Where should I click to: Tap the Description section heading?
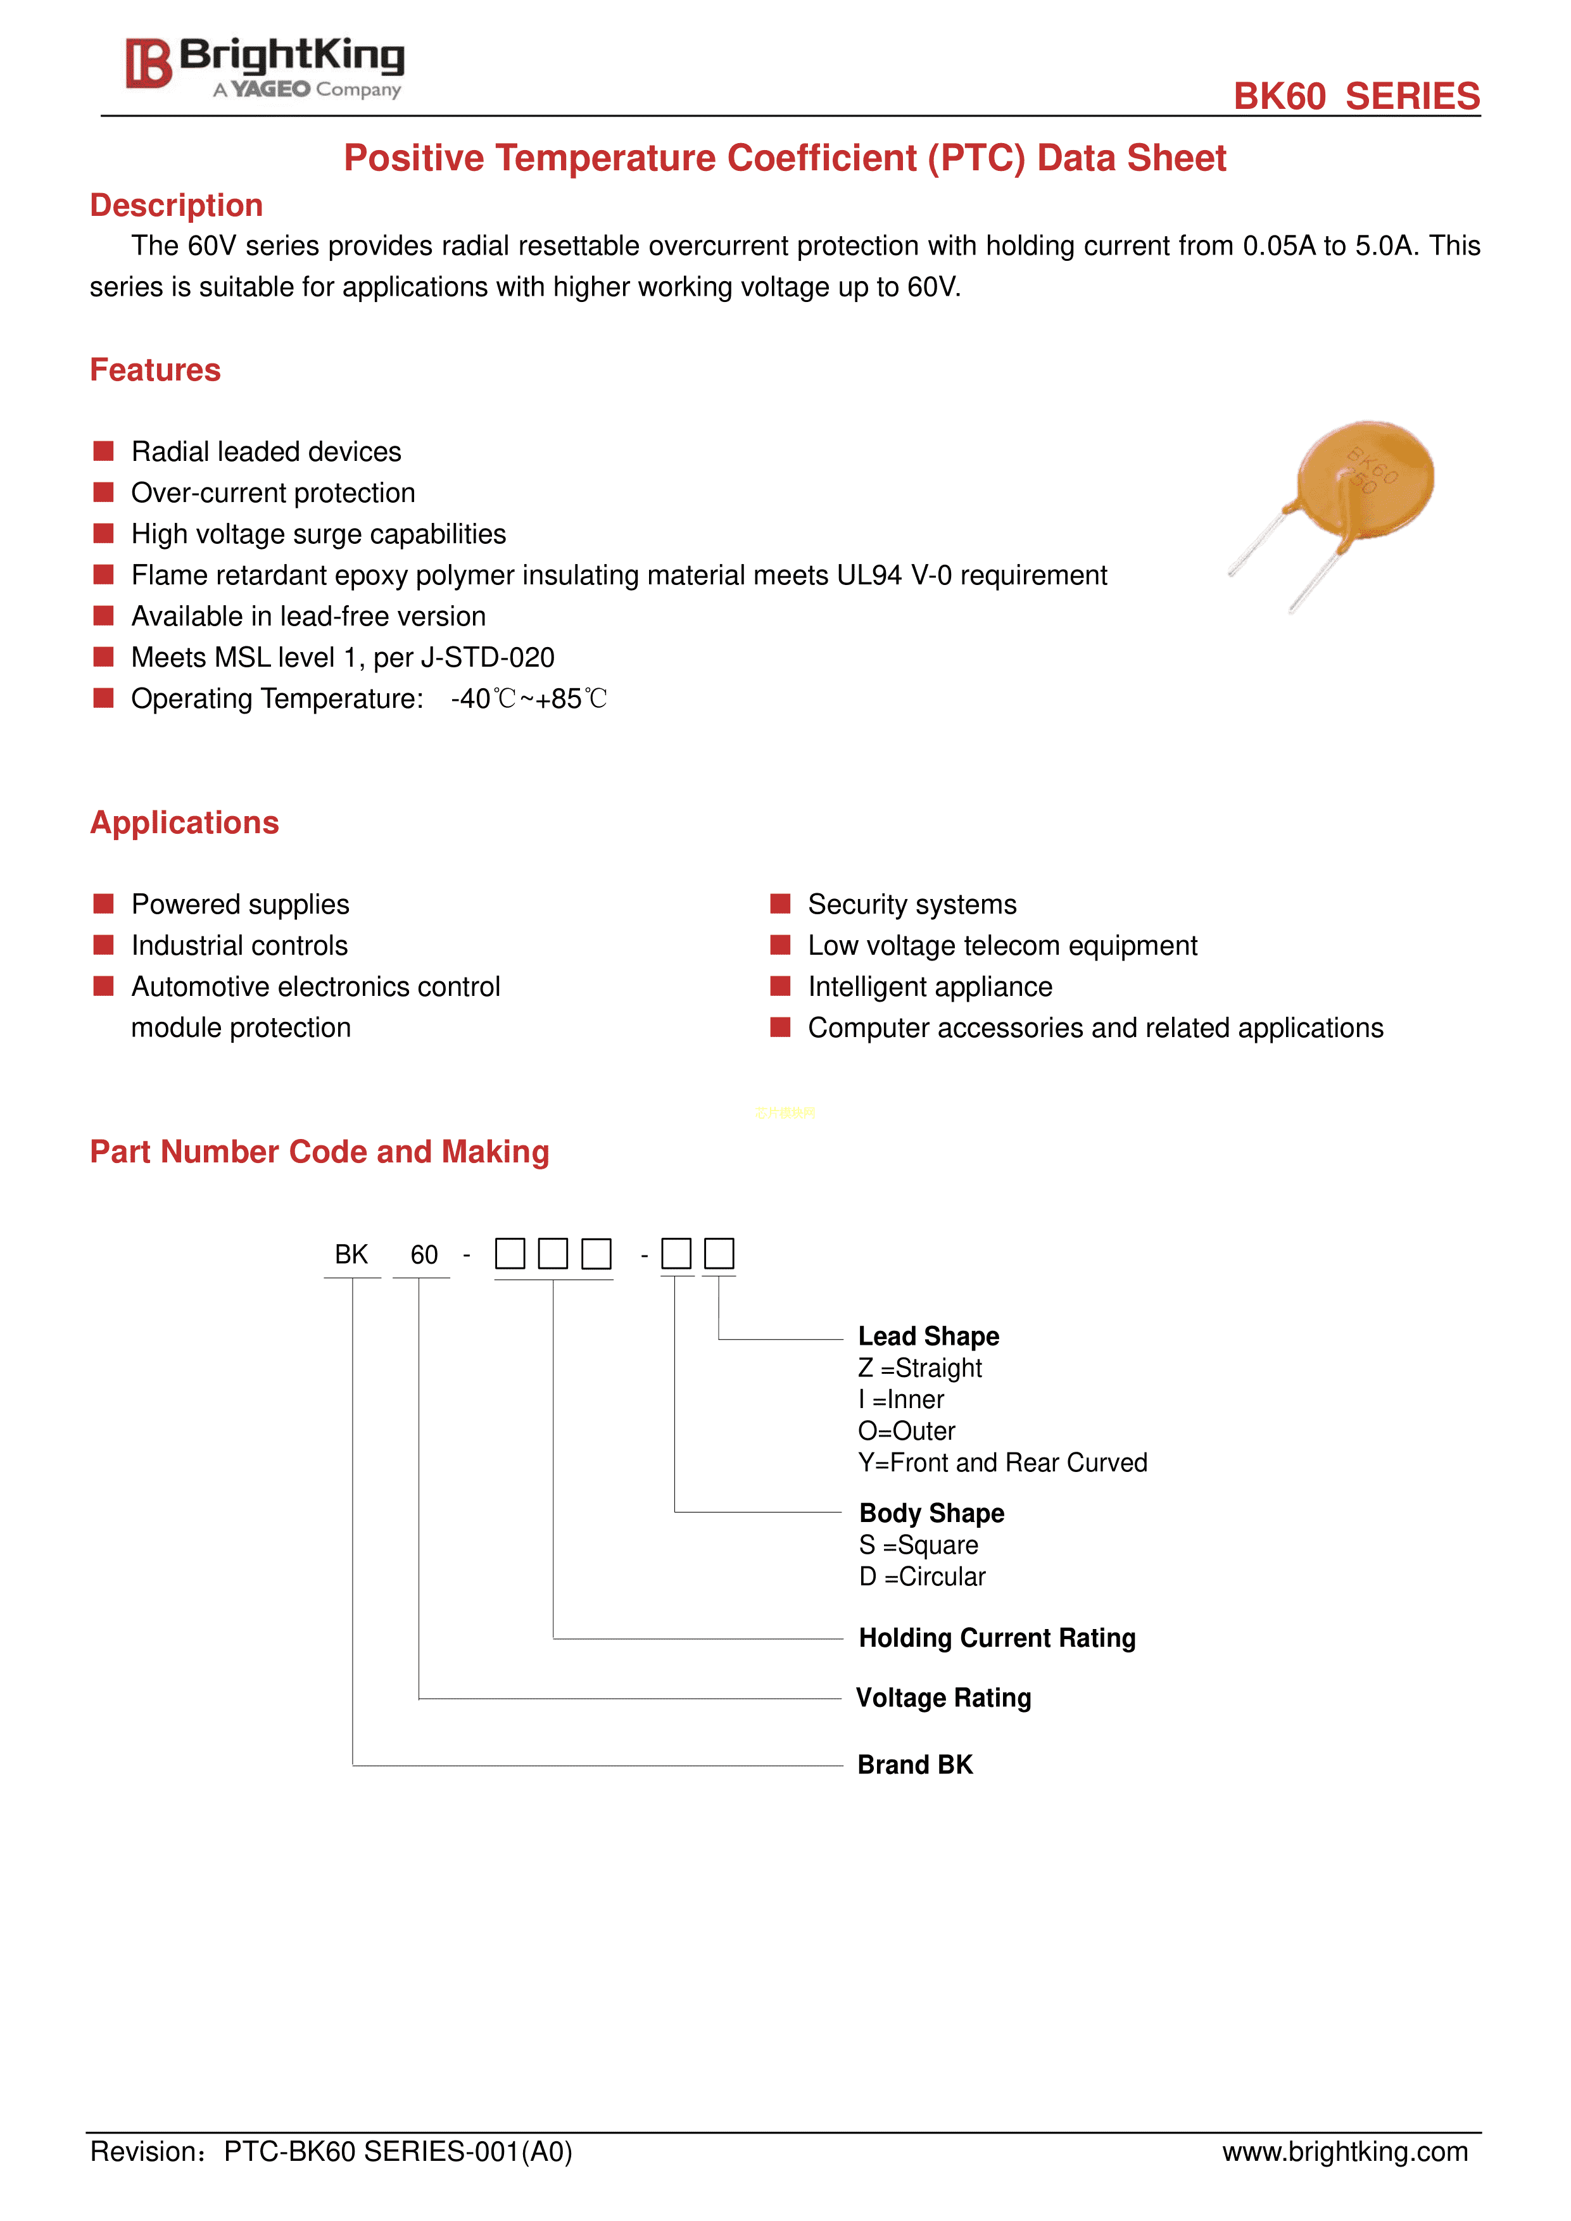(176, 206)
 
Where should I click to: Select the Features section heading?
(155, 370)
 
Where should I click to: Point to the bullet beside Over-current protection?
(103, 493)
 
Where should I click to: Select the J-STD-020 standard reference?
(486, 658)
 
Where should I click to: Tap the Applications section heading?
(184, 823)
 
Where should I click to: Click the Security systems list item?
(911, 905)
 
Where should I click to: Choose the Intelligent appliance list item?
(930, 986)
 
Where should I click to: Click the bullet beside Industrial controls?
(103, 945)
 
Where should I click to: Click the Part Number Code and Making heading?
(319, 1152)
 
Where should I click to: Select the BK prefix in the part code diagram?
(351, 1255)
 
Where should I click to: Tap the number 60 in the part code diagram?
(424, 1255)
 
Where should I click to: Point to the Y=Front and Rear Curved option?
(1002, 1463)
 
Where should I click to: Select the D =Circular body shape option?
(922, 1576)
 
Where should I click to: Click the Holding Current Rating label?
(997, 1638)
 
